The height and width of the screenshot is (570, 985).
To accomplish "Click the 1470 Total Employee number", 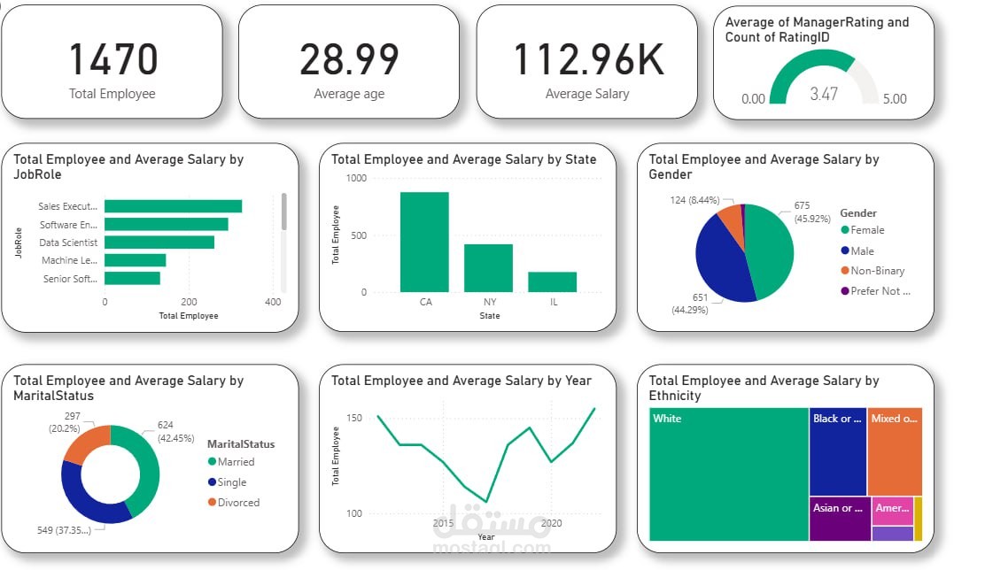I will [112, 60].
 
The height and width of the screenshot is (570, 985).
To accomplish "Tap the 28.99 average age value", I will [349, 60].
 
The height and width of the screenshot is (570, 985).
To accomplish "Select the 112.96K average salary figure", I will [587, 60].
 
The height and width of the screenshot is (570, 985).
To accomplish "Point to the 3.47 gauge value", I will [824, 93].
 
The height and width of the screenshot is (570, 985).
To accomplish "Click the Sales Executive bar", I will [173, 206].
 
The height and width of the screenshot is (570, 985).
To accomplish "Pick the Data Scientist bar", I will [159, 243].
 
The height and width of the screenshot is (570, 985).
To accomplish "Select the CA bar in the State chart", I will [424, 242].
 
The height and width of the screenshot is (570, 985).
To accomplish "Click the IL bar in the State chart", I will [552, 281].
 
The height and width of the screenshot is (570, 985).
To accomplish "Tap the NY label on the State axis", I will [489, 302].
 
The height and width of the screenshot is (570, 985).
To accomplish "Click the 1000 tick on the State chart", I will [356, 179].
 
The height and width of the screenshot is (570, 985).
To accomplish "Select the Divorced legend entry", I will [233, 503].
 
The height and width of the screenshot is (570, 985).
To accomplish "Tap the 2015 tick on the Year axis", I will [443, 523].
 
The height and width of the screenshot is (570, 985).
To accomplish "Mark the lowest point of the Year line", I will [485, 502].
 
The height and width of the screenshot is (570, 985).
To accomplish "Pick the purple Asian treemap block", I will [840, 520].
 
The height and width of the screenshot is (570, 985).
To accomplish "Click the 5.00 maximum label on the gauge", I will [895, 99].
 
